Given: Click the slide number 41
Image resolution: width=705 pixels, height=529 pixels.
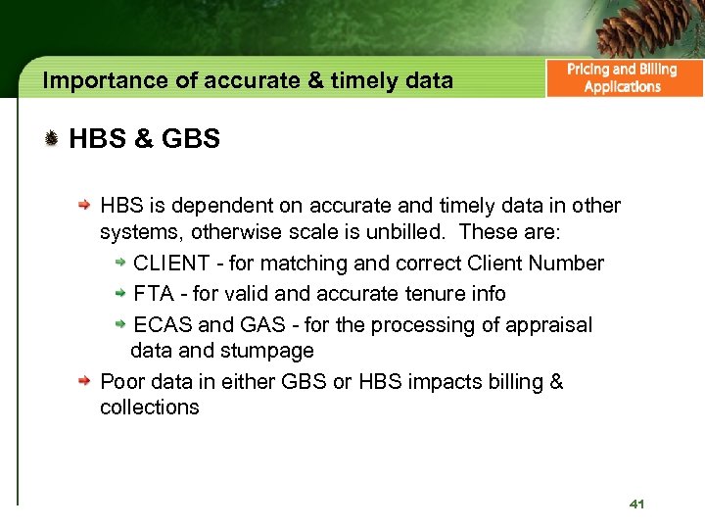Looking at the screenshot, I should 636,504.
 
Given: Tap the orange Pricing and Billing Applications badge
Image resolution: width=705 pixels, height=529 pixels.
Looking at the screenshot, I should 623,78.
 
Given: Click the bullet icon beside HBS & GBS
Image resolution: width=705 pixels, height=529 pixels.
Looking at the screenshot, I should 51,139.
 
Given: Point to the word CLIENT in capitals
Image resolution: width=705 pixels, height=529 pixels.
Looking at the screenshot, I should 170,264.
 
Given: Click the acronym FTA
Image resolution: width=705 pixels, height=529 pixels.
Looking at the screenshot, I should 152,294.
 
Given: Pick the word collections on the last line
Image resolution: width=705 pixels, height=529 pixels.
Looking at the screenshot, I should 149,408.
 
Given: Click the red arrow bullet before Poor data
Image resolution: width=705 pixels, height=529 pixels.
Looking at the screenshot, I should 86,381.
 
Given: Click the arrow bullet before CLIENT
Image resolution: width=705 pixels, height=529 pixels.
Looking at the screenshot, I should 119,263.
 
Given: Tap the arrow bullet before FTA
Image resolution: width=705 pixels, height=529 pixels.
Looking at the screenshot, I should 119,293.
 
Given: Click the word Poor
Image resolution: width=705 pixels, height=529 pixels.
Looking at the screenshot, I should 121,381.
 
